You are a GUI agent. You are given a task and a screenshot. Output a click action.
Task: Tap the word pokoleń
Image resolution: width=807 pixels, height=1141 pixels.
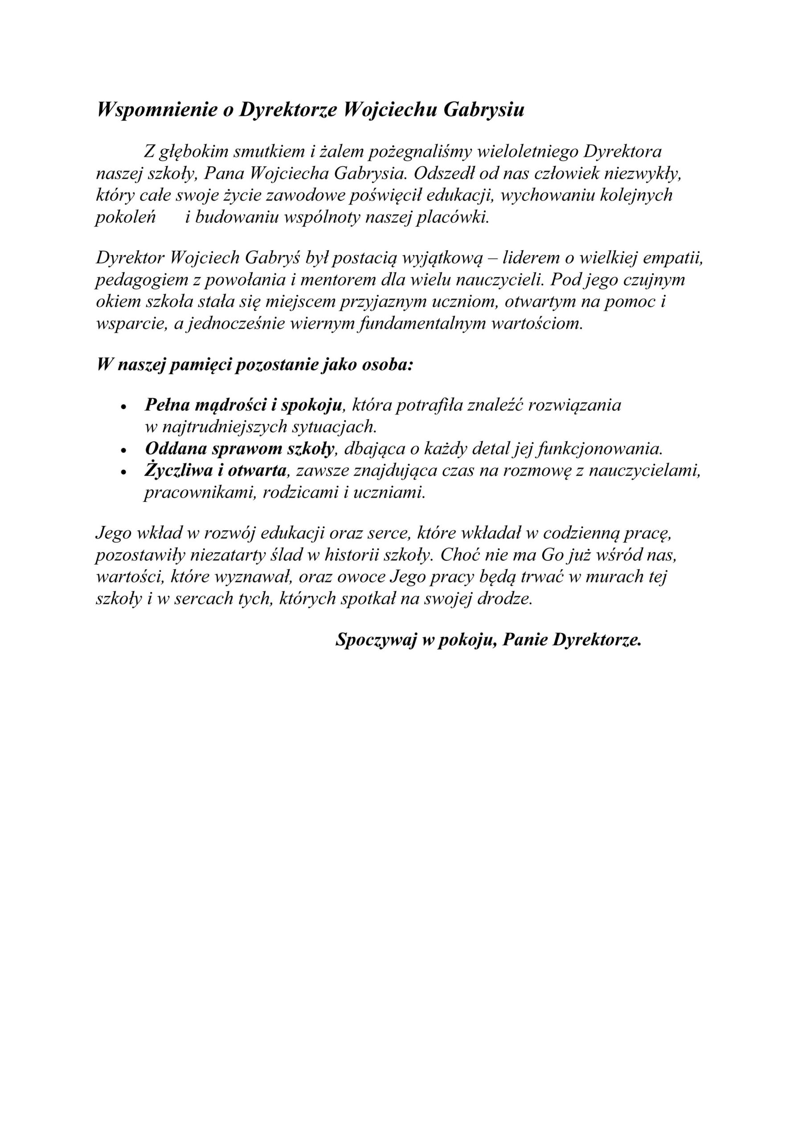pyautogui.click(x=126, y=217)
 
